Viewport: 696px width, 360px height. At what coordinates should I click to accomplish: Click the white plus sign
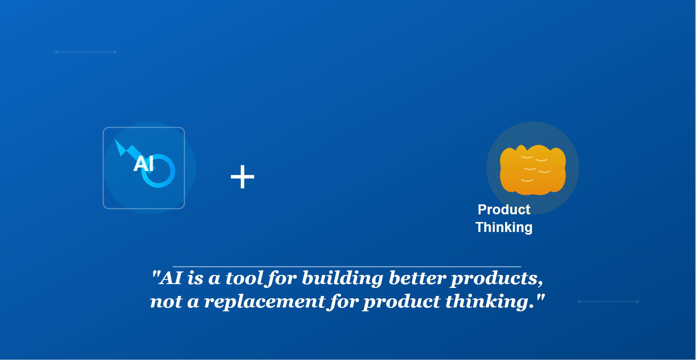(242, 177)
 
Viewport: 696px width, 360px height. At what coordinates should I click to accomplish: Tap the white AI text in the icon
(144, 164)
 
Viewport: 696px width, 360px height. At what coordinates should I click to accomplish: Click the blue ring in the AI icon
(158, 171)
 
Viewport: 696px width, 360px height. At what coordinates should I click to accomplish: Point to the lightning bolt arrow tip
(115, 140)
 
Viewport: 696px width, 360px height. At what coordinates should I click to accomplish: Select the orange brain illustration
(533, 170)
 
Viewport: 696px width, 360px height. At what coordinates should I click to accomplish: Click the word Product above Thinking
(504, 210)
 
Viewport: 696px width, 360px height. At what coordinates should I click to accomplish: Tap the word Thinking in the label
(504, 227)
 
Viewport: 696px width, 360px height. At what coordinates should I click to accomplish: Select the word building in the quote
(342, 278)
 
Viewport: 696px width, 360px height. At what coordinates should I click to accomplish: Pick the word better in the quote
(417, 278)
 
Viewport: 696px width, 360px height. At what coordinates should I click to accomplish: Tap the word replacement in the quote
(265, 302)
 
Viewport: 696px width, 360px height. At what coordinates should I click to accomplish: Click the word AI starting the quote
(171, 278)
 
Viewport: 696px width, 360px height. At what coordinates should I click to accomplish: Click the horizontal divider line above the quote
(347, 266)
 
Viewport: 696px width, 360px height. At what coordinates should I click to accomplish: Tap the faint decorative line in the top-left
(86, 52)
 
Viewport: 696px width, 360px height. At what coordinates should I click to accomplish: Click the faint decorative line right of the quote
(608, 301)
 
